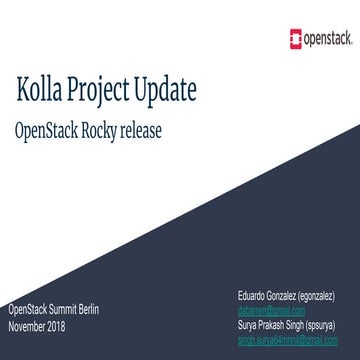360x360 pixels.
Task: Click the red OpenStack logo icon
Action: tap(293, 41)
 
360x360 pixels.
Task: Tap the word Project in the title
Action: tap(113, 91)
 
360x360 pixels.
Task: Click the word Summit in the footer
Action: tap(70, 313)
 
